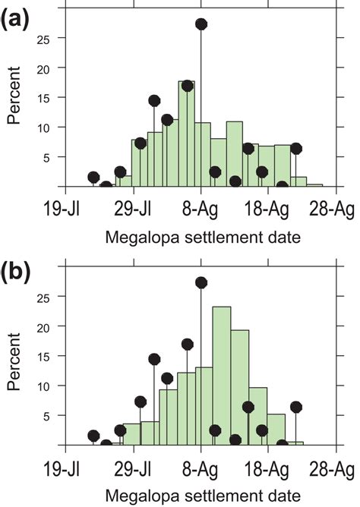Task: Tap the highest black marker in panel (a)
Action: (201, 24)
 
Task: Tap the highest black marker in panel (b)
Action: (201, 282)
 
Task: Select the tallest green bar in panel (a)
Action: (186, 134)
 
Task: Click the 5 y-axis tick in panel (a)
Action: (54, 157)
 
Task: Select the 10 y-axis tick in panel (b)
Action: (50, 386)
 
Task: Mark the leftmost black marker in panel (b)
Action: (93, 436)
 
